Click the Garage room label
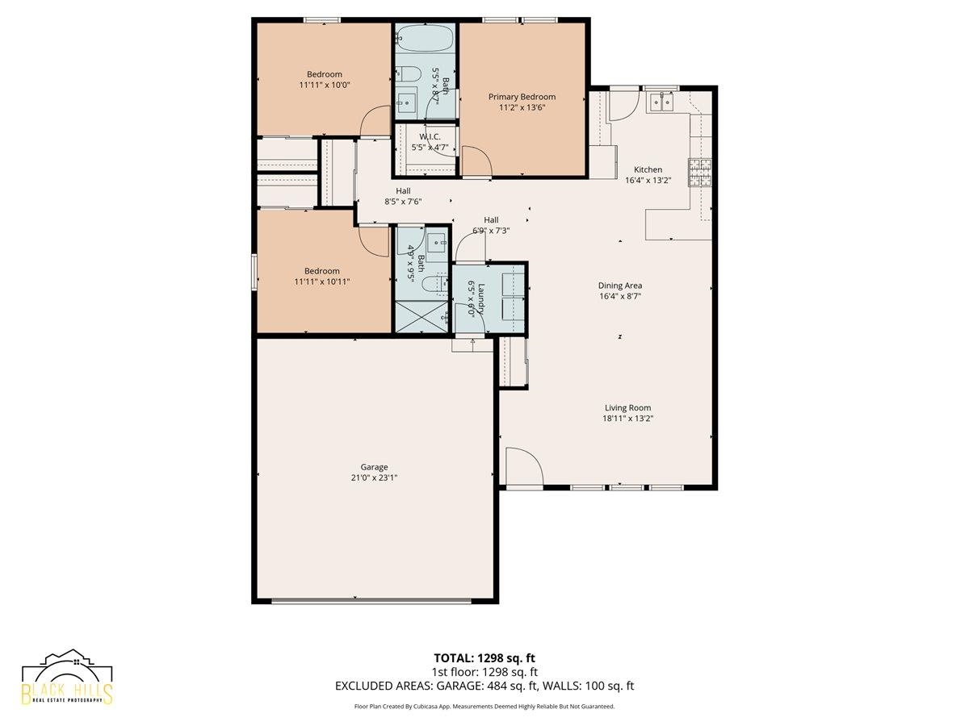tap(374, 467)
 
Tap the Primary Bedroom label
tap(522, 97)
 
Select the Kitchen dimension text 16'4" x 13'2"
tap(648, 180)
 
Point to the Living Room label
tap(627, 407)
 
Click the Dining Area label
tap(620, 286)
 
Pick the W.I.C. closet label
tap(430, 136)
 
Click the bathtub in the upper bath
tap(424, 38)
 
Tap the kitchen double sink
tap(661, 103)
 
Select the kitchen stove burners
tap(700, 172)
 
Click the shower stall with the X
tap(422, 316)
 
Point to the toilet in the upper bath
tap(406, 73)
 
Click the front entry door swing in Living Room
tap(524, 466)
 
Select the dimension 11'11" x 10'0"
tap(325, 85)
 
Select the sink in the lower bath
tap(438, 242)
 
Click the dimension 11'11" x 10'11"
tap(322, 282)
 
